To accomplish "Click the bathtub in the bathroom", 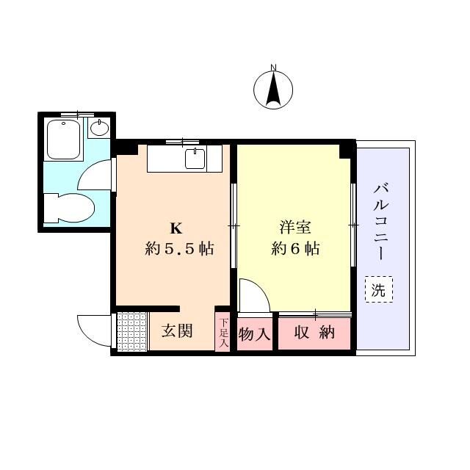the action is point(64,140).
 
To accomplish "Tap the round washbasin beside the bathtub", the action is point(100,128).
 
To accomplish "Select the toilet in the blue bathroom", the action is point(70,208).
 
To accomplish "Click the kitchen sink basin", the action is point(195,159).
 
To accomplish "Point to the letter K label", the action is point(176,228).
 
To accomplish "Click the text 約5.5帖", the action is point(179,248).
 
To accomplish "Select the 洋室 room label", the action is point(295,227).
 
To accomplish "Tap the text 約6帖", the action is point(295,248).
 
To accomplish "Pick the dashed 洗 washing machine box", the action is point(379,289).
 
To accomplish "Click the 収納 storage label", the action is point(314,332).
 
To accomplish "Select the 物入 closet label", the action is point(255,334).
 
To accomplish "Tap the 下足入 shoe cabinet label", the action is point(223,333).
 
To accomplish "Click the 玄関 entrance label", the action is point(177,331).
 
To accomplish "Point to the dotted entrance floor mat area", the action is point(132,331).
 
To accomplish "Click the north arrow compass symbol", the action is point(273,90).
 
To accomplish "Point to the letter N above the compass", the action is point(273,68).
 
